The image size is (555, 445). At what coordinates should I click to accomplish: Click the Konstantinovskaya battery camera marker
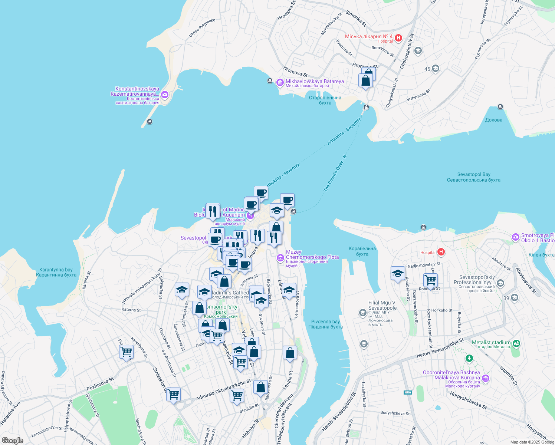[x=165, y=95]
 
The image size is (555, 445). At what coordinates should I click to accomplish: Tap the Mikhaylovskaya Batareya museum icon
[x=280, y=82]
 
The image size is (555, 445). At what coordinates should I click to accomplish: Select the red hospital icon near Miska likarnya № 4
[x=398, y=38]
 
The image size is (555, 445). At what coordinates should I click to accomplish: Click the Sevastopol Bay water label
[x=473, y=177]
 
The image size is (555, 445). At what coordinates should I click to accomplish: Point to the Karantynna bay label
[x=56, y=272]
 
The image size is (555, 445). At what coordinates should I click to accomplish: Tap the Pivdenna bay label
[x=325, y=324]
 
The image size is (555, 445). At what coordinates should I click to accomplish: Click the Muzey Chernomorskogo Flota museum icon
[x=280, y=257]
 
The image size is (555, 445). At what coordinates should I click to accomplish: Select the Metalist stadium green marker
[x=516, y=343]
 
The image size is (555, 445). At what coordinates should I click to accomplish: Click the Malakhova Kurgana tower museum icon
[x=486, y=379]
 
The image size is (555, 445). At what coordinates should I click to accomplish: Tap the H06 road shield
[x=408, y=392]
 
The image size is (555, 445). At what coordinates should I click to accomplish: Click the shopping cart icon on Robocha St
[x=430, y=280]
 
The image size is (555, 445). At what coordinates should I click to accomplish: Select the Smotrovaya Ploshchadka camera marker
[x=515, y=237]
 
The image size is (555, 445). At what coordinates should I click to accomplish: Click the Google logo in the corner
[x=13, y=441]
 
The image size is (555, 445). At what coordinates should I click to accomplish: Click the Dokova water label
[x=493, y=120]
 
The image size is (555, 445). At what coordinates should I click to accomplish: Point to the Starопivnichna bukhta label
[x=325, y=100]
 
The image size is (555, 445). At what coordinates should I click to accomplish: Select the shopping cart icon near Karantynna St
[x=127, y=352]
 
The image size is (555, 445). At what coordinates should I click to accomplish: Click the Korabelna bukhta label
[x=362, y=251]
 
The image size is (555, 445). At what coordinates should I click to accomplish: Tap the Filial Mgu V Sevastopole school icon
[x=362, y=313]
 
